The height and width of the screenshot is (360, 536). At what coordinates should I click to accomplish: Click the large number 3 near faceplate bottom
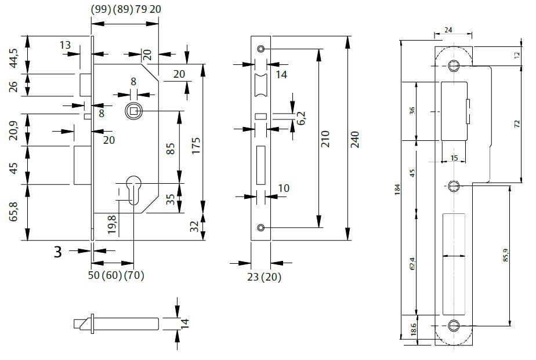click(x=58, y=252)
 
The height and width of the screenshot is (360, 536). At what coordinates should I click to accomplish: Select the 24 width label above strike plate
click(x=448, y=29)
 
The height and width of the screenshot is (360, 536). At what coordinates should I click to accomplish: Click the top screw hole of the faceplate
click(x=261, y=48)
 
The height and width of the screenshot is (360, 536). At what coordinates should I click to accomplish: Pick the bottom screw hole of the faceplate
click(x=261, y=227)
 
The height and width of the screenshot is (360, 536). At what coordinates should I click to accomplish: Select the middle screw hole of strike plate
click(x=453, y=186)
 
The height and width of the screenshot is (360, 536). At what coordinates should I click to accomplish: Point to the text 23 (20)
click(x=263, y=278)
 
